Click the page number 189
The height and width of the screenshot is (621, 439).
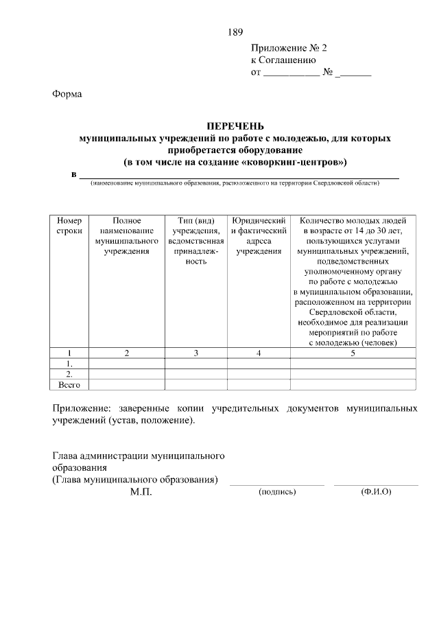(235, 32)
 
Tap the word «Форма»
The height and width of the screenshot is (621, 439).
(67, 94)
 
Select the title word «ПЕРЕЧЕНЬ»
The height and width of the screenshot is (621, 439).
(235, 126)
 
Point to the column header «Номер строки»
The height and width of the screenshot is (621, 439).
(69, 226)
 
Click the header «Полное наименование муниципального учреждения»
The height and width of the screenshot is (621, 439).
(126, 236)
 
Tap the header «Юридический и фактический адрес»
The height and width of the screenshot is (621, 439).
(259, 236)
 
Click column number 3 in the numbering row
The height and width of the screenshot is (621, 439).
(196, 353)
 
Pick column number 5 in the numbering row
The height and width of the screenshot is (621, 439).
(353, 353)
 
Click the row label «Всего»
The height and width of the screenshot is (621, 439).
(69, 384)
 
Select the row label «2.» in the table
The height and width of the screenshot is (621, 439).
(69, 374)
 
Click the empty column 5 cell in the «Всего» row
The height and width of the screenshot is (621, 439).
(353, 384)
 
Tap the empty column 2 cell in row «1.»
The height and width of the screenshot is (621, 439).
(126, 364)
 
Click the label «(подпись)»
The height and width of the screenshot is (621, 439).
(276, 492)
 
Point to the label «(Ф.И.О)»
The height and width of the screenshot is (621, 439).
(375, 492)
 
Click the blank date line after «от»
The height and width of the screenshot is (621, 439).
(291, 72)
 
